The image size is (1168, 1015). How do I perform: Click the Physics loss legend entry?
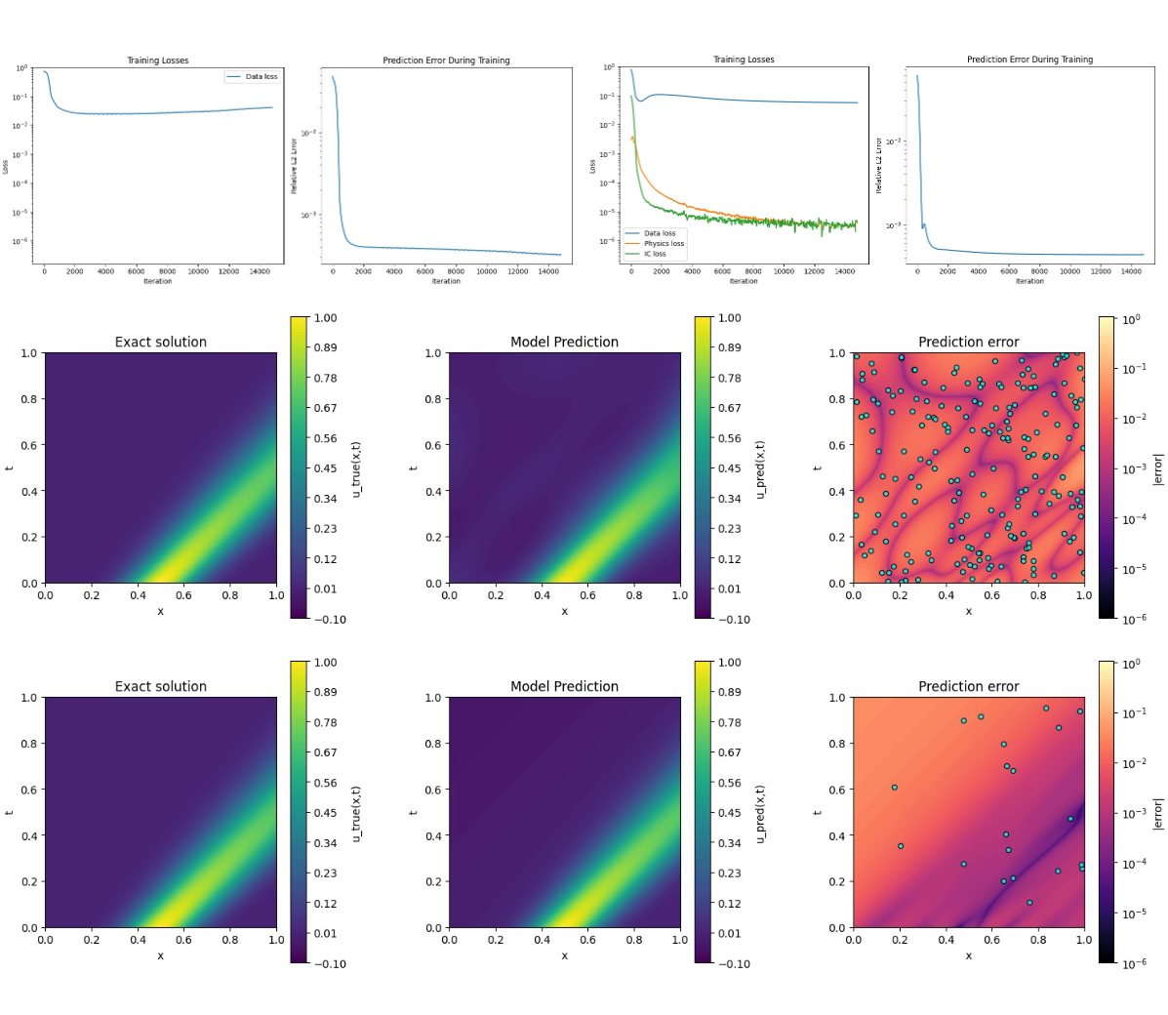click(x=664, y=244)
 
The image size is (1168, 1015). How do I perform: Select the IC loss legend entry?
click(x=654, y=254)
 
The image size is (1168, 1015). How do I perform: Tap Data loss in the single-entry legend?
click(x=261, y=76)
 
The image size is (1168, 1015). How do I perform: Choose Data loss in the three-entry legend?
click(x=659, y=233)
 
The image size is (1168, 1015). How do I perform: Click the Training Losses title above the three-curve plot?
click(x=744, y=60)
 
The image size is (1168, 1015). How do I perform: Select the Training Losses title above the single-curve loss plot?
click(x=157, y=61)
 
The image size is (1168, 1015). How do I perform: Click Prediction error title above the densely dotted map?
click(x=968, y=342)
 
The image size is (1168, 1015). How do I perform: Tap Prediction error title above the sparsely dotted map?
click(x=968, y=686)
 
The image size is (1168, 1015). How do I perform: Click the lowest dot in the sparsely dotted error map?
click(x=1029, y=903)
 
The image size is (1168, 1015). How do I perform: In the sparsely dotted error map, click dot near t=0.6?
click(x=894, y=788)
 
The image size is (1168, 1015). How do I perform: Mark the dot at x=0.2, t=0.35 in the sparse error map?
click(x=901, y=846)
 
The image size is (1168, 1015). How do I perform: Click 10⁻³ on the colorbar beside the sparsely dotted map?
click(x=1134, y=813)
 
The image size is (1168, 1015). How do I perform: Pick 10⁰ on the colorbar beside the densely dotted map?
click(x=1131, y=320)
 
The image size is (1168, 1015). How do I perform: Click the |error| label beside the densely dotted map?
click(x=1158, y=468)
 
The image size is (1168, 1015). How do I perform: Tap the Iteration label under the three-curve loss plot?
click(x=744, y=281)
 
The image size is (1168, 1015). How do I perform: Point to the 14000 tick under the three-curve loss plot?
click(x=845, y=271)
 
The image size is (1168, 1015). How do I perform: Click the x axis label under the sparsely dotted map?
click(x=968, y=955)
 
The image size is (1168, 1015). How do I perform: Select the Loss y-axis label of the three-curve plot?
click(x=592, y=166)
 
